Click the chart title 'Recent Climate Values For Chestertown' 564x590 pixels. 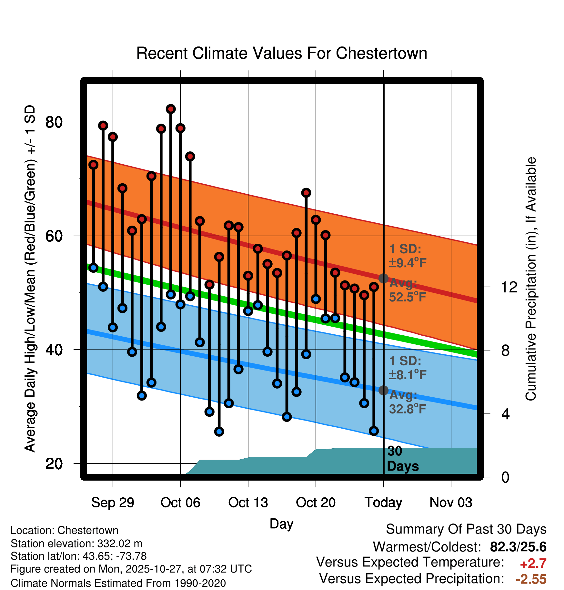pos(282,53)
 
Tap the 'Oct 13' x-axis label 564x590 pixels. pos(248,503)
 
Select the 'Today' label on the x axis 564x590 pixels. pos(383,503)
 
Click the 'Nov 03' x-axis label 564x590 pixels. pos(451,503)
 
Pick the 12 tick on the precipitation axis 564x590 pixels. pos(509,287)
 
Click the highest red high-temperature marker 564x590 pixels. pos(171,109)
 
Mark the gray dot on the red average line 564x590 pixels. pos(383,279)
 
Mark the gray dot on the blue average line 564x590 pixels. pos(383,391)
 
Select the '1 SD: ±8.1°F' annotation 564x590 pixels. pos(407,368)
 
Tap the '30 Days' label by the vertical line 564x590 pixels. pos(402,459)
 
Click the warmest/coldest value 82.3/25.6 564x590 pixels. pos(518,547)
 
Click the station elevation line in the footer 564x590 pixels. pos(76,544)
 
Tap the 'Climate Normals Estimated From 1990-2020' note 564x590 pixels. pos(118,583)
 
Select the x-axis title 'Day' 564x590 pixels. pos(281,524)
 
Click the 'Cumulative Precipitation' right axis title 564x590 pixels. pos(531,279)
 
